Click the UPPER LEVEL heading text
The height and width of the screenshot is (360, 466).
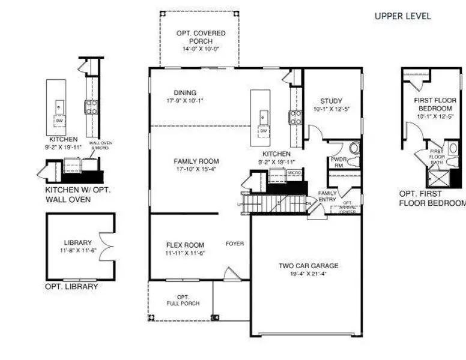point(402,16)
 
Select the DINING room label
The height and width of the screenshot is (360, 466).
point(185,93)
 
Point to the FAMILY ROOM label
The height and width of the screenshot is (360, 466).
point(196,161)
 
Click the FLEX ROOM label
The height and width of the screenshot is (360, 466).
point(185,245)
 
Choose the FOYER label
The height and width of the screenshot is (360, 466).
point(234,244)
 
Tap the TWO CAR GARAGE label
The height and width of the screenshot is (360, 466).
point(308,266)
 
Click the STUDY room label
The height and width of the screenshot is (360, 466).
point(331,101)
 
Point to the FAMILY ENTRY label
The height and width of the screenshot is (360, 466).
point(327,197)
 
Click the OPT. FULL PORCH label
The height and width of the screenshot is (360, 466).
point(183,300)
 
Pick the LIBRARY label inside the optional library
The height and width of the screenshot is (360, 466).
point(77,243)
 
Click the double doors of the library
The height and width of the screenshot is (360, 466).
point(108,246)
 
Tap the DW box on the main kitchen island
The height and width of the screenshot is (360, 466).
point(264,130)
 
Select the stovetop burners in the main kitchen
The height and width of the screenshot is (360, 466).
point(295,117)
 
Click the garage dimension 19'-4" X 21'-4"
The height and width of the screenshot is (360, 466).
point(308,274)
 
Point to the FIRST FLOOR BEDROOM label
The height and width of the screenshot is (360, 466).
point(435,104)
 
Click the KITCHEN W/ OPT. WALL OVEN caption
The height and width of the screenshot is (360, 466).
point(79,194)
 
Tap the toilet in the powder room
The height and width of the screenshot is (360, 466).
point(353,148)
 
